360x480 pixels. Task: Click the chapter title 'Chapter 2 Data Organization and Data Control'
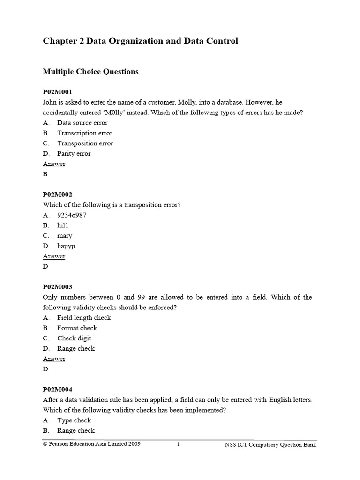[x=140, y=41]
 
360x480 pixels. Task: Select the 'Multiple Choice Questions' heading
[x=90, y=72]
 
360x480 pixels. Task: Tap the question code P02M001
[x=58, y=92]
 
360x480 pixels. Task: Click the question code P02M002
[x=58, y=195]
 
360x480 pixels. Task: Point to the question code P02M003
[x=58, y=287]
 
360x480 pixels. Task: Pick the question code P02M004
[x=58, y=390]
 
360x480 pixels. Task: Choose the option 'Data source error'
[x=82, y=123]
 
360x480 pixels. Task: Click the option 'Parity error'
[x=74, y=154]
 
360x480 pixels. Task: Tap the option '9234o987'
[x=72, y=215]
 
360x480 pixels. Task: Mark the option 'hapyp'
[x=66, y=246]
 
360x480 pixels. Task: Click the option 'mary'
[x=65, y=236]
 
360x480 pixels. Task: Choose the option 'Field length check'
[x=84, y=318]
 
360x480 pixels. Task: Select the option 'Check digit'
[x=74, y=338]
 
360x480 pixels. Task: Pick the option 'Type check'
[x=74, y=420]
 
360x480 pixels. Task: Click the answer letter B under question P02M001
[x=45, y=174]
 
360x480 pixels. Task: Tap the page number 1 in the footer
[x=179, y=445]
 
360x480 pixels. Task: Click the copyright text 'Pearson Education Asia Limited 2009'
[x=94, y=444]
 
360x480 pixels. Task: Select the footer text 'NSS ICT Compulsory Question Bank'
[x=270, y=445]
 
